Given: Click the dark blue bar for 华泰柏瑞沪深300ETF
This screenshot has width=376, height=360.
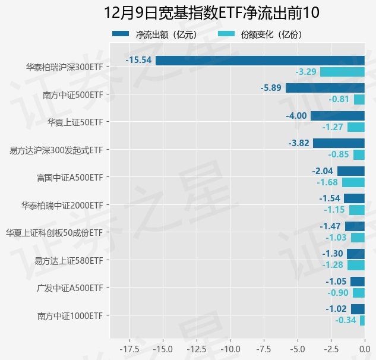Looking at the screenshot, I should coord(260,61).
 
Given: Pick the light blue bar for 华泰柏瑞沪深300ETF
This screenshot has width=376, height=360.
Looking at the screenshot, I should coord(342,72).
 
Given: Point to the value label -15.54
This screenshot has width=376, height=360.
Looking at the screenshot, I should coord(139,61).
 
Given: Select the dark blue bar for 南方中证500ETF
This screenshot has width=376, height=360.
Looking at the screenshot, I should coord(325,88).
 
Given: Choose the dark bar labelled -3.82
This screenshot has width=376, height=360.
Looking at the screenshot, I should coord(339,143).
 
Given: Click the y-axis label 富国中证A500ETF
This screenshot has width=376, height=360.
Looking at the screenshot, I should coord(70,177).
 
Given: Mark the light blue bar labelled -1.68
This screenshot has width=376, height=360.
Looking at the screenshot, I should coord(353,182).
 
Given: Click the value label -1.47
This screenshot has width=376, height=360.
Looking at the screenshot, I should coord(330,226).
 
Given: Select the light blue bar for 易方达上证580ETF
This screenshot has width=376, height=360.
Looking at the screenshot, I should coord(356,265).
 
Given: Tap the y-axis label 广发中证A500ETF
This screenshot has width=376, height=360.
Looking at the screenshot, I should coord(70,288).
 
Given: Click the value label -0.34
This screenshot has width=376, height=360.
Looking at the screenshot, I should coord(346,320).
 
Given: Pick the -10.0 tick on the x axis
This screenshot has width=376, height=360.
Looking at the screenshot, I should coord(229,348).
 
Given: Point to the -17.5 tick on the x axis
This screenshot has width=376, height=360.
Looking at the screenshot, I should coord(129,348).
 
